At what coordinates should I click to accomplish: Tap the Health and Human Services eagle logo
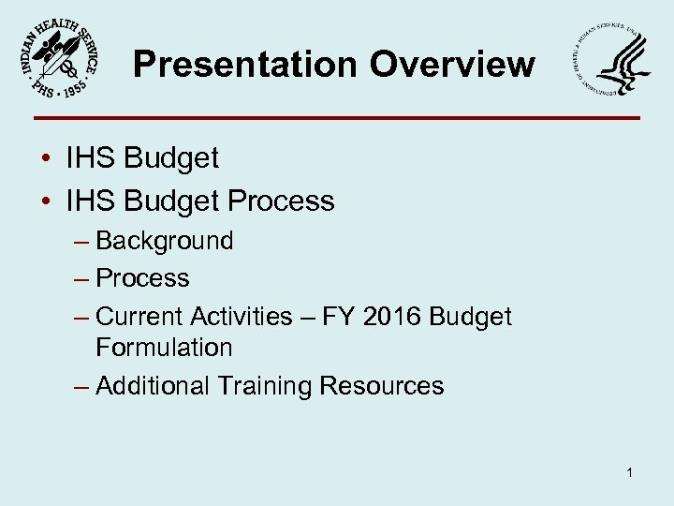[x=612, y=66]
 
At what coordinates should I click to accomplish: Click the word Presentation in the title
[x=243, y=65]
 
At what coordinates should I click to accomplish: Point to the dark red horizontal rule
[x=337, y=118]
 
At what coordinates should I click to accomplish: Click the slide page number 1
[x=630, y=473]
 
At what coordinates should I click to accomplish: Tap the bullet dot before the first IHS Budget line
[x=45, y=158]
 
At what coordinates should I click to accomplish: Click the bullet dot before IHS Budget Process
[x=45, y=201]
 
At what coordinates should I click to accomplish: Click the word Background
[x=165, y=241]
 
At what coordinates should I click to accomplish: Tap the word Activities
[x=241, y=317]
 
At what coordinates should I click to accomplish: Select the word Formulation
[x=164, y=348]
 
